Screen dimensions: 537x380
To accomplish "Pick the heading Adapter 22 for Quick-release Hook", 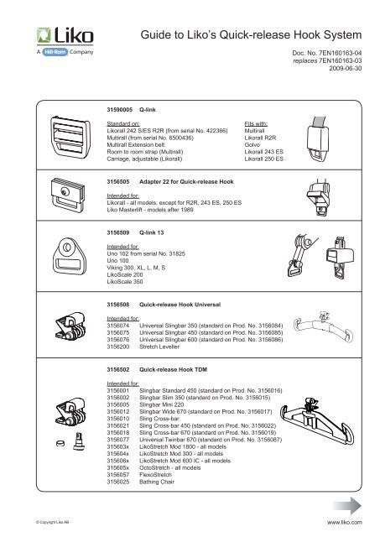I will (185, 181).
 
